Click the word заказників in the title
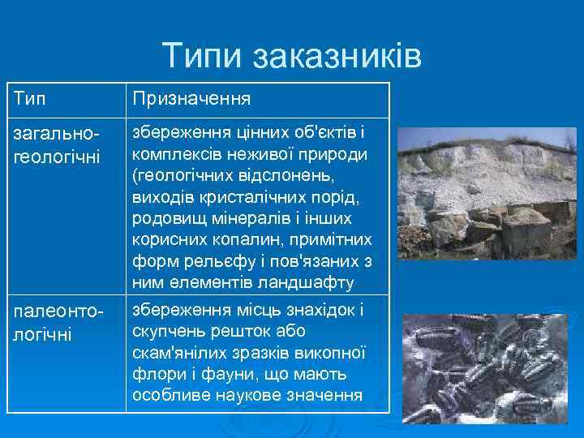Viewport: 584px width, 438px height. point(337,56)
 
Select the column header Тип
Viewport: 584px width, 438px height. point(29,98)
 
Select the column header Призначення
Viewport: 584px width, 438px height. point(191,98)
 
